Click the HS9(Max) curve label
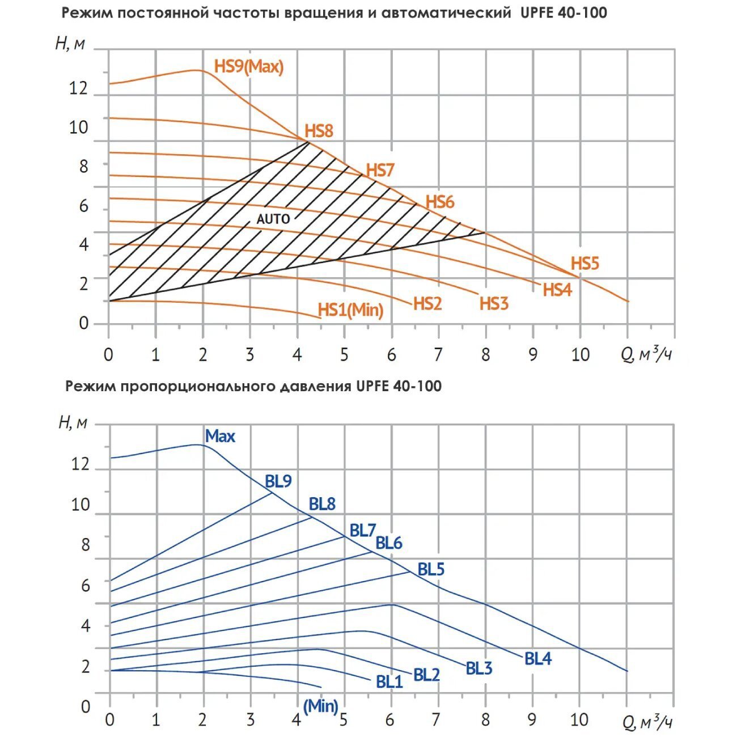(248, 66)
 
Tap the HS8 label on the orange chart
(319, 131)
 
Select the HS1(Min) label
(350, 310)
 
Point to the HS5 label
(584, 264)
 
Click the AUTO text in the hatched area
(273, 219)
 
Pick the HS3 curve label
(494, 303)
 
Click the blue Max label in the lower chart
(220, 436)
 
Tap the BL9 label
(278, 481)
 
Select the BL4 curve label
(538, 659)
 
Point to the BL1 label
(389, 681)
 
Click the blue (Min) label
(321, 706)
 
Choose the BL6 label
(389, 543)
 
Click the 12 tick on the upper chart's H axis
(79, 88)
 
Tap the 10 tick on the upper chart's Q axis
(580, 355)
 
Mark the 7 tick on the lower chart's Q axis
(436, 720)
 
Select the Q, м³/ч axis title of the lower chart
(647, 722)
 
